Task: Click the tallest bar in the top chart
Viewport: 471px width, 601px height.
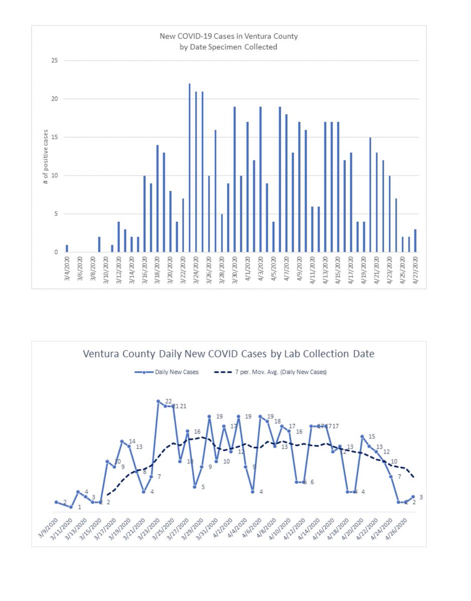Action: coord(189,168)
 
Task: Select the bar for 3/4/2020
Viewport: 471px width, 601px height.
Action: coord(67,248)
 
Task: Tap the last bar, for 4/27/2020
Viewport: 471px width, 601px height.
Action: coord(415,241)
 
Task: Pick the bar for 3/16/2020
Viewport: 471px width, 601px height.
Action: coord(144,214)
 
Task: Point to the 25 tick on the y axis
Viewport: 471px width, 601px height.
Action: coord(55,61)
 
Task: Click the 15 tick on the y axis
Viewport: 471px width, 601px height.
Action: coord(55,137)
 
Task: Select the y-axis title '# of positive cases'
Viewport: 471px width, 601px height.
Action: coord(46,156)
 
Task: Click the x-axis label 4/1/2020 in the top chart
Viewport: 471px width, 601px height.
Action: coord(247,270)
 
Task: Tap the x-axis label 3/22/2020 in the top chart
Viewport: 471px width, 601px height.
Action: coord(183,270)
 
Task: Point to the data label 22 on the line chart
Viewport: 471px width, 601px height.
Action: coord(168,401)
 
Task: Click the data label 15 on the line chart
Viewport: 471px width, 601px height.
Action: coord(372,436)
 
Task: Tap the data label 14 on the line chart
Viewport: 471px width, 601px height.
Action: coord(132,441)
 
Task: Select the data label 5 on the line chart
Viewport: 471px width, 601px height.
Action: coord(203,486)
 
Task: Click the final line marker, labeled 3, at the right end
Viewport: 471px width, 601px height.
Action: coord(413,496)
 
